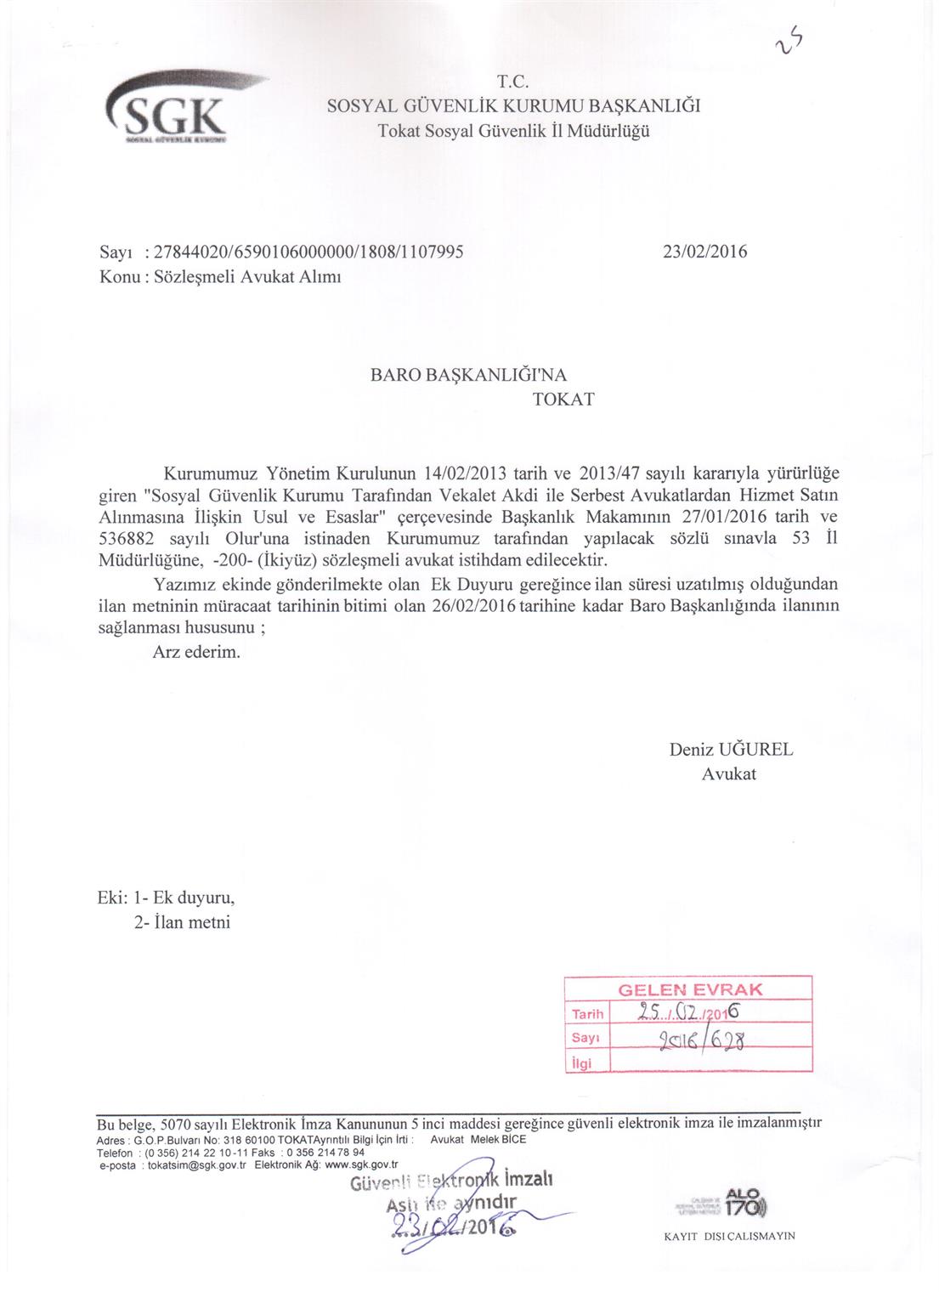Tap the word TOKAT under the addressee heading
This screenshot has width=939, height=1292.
(x=563, y=399)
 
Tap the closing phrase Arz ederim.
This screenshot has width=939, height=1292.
(x=196, y=652)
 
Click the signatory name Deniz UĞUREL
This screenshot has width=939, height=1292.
(x=731, y=750)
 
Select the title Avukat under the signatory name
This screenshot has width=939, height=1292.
(x=728, y=773)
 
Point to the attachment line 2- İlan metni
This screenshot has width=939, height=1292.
(x=182, y=922)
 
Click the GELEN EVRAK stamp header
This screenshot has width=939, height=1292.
(x=689, y=989)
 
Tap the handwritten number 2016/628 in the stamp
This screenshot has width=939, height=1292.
(x=702, y=1039)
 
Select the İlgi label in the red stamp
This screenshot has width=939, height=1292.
(x=582, y=1063)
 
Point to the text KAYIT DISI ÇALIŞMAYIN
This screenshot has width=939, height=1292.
(x=729, y=1237)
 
